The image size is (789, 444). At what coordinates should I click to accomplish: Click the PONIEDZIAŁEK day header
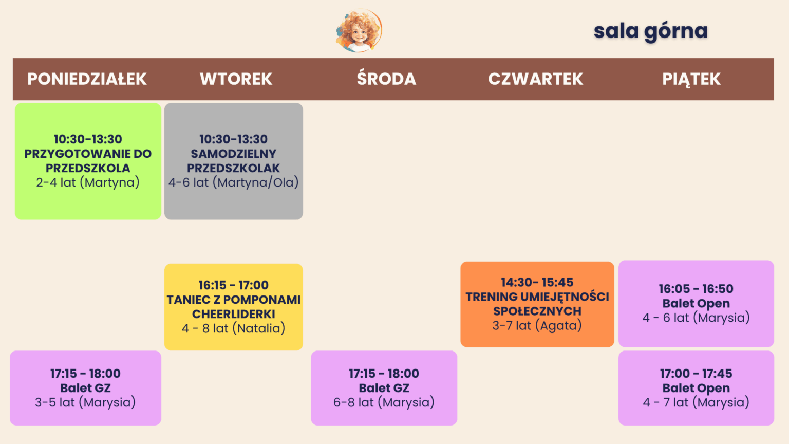(x=87, y=79)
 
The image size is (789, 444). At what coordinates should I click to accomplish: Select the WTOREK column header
(x=236, y=79)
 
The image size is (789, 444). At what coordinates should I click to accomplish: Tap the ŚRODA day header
(x=386, y=78)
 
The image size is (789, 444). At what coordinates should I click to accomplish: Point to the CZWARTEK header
(x=535, y=79)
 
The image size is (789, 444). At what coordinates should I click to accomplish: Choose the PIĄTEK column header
(x=691, y=79)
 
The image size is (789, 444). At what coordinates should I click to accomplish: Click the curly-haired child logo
(x=359, y=30)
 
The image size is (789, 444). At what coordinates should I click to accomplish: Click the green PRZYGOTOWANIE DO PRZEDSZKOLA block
(x=88, y=161)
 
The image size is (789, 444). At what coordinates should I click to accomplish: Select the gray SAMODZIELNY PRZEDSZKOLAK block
(x=234, y=161)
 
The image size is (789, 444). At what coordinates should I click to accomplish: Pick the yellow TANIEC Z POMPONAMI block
(x=234, y=307)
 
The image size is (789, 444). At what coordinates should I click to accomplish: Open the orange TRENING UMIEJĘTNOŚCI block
(x=537, y=304)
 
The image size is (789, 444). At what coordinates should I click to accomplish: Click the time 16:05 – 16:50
(x=696, y=289)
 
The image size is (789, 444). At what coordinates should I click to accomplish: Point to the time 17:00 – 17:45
(x=696, y=374)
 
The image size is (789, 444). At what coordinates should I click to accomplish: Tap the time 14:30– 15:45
(x=537, y=282)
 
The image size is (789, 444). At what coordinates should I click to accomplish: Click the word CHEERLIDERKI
(x=234, y=314)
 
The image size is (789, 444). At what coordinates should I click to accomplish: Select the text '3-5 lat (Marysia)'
(x=85, y=402)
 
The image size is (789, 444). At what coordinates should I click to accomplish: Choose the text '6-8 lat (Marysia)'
(x=384, y=402)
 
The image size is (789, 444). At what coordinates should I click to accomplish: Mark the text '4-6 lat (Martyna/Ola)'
(x=234, y=182)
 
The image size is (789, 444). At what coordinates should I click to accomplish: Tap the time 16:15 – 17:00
(x=234, y=285)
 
